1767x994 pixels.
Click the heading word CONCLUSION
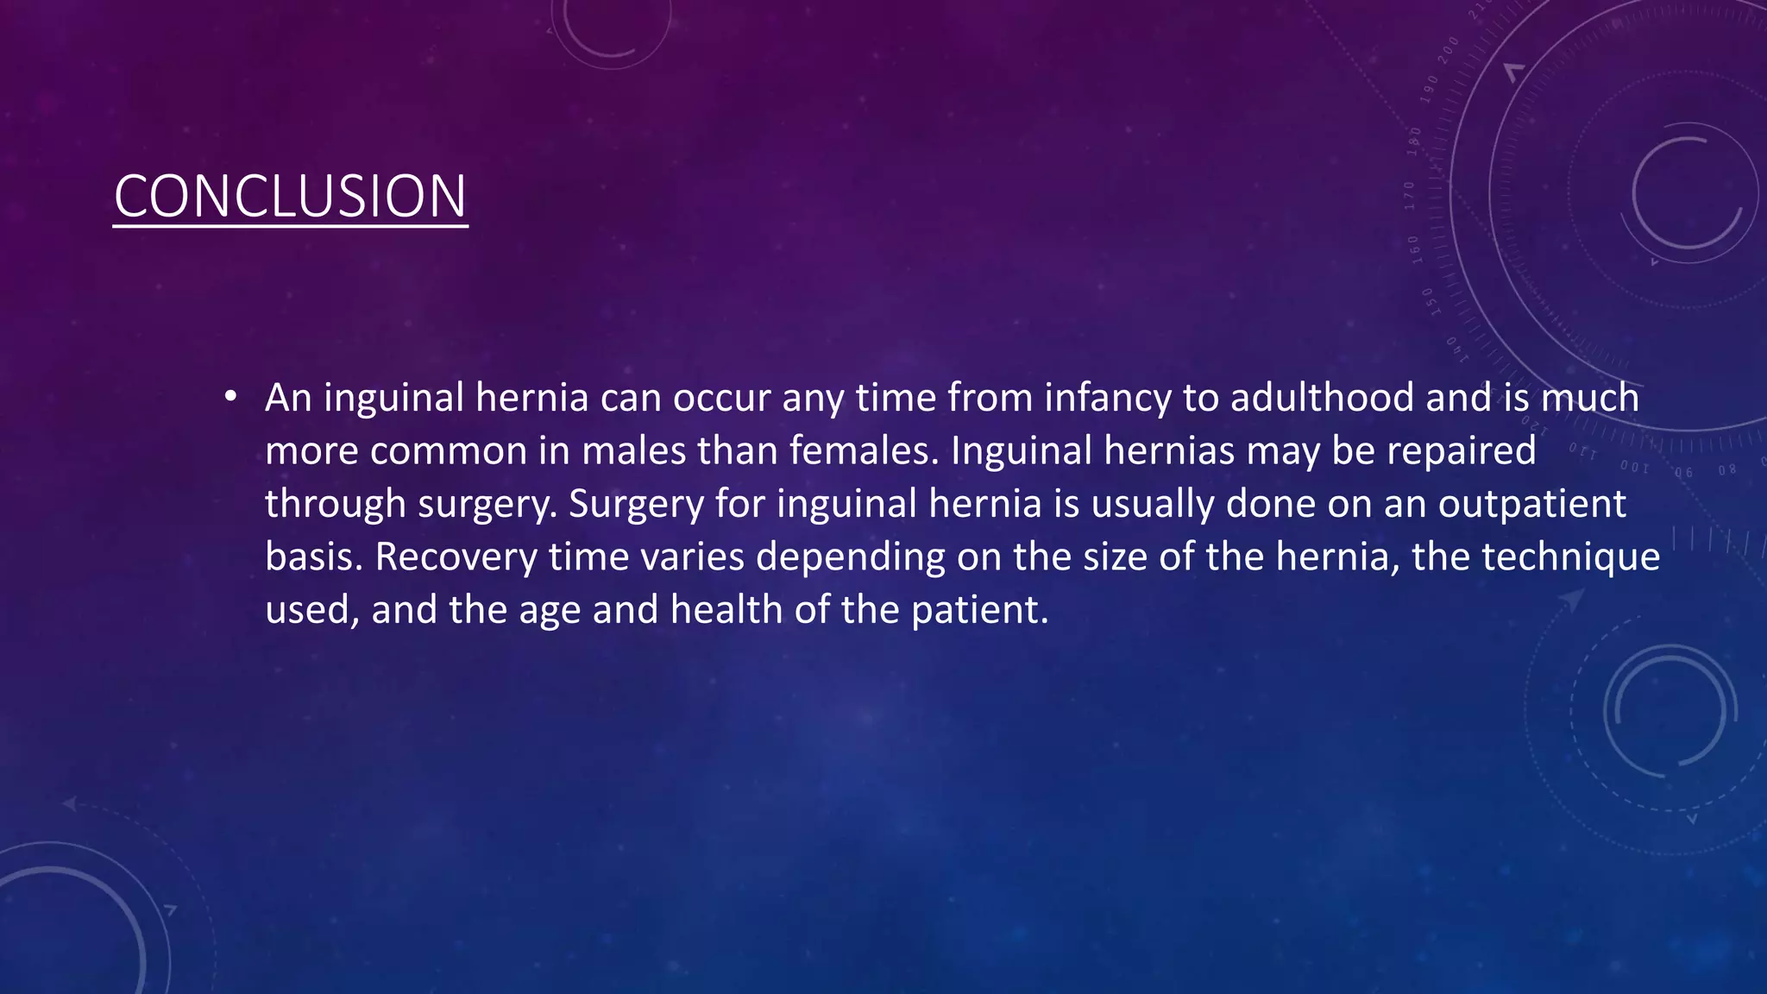tap(290, 196)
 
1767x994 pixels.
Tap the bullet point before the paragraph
tap(230, 397)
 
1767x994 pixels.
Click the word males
tap(633, 451)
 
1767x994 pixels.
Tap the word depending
tap(851, 557)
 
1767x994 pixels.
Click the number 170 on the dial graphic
tap(1410, 196)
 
